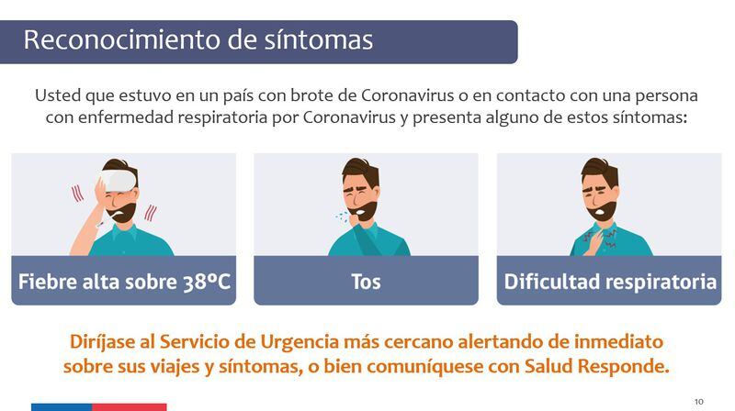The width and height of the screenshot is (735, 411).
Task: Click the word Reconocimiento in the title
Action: click(x=122, y=39)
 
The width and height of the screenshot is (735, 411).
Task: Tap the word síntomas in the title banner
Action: click(x=318, y=39)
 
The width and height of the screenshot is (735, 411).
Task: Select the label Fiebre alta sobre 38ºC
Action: click(x=124, y=282)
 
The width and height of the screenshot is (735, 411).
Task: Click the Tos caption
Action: click(x=366, y=282)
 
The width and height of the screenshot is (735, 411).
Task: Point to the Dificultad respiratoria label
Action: click(x=610, y=282)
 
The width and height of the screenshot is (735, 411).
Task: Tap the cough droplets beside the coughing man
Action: click(x=342, y=217)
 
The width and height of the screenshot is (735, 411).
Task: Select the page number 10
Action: click(x=699, y=402)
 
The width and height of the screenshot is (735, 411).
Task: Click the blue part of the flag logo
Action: click(x=62, y=407)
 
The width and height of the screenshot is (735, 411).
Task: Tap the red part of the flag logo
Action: click(x=130, y=407)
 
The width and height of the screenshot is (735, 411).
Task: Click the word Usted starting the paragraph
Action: click(x=58, y=95)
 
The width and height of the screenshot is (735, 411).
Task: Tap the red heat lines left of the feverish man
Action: click(x=77, y=194)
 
